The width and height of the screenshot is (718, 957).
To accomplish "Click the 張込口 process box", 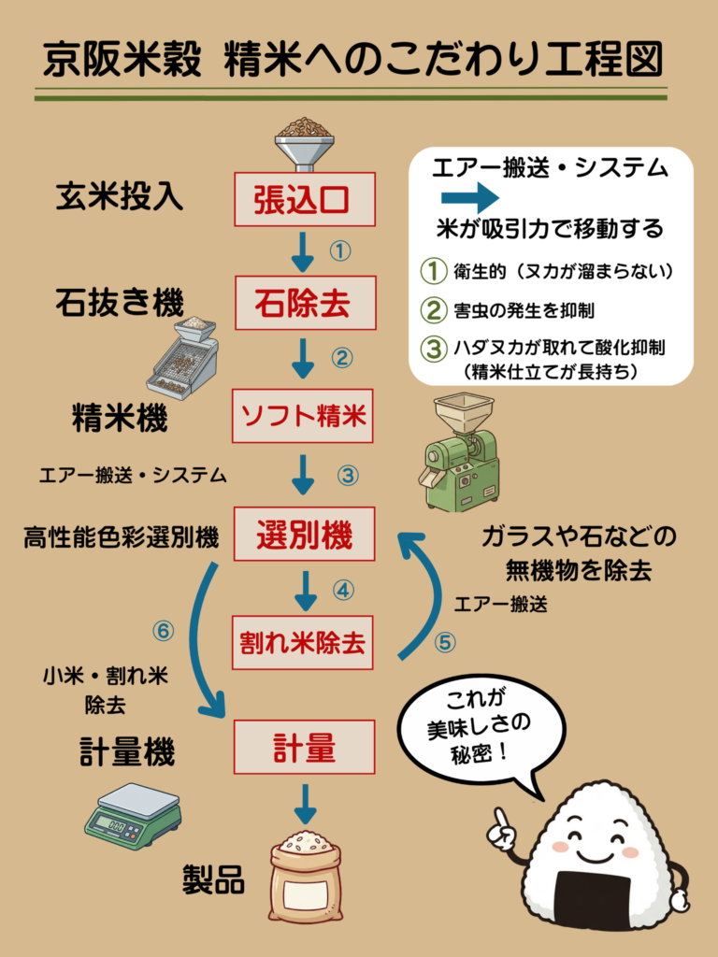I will click(303, 199).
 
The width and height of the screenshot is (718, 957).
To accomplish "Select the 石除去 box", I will click(303, 303).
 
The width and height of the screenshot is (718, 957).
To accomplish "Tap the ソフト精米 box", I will click(303, 416).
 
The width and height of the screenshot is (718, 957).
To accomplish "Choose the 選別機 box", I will click(303, 536).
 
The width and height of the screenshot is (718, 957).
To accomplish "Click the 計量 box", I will click(303, 748).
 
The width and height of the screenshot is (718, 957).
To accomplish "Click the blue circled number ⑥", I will click(164, 631).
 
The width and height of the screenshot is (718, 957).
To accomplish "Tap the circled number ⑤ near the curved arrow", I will click(445, 643).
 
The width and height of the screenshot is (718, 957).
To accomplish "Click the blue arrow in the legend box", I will click(471, 198).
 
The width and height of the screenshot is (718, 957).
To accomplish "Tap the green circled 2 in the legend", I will click(433, 309).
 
